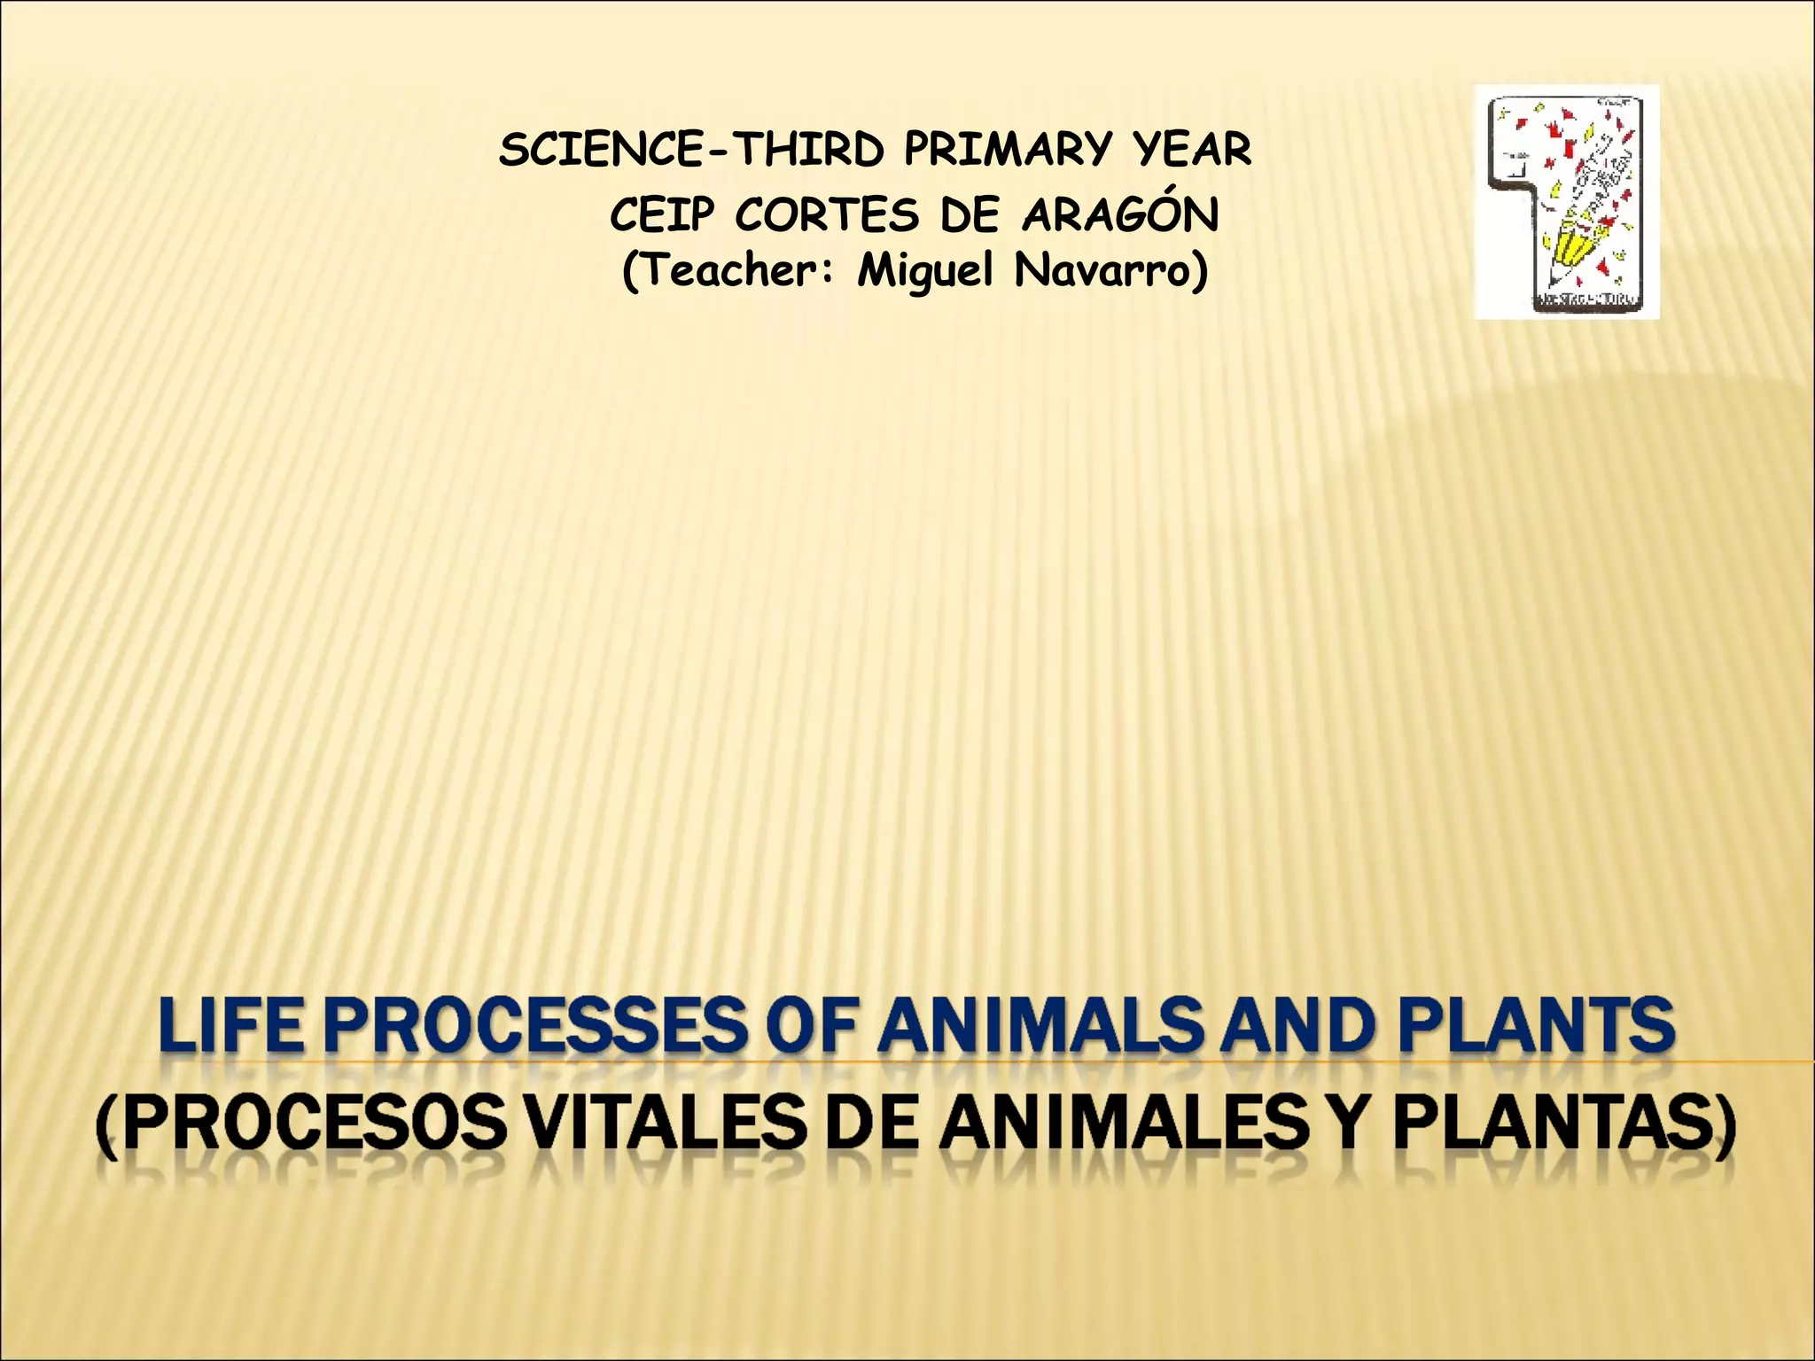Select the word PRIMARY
pyautogui.click(x=1006, y=150)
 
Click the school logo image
pyautogui.click(x=1566, y=202)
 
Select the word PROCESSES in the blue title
pyautogui.click(x=532, y=1025)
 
